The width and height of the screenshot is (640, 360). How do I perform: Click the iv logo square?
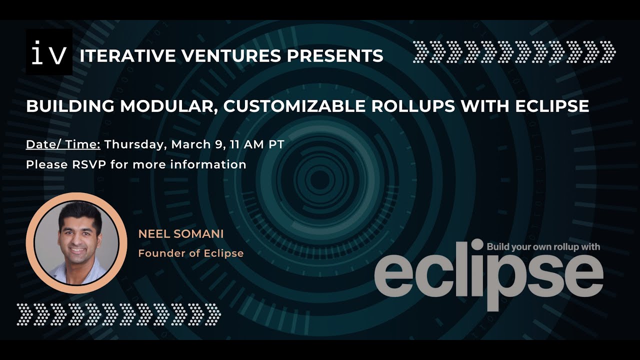[49, 52]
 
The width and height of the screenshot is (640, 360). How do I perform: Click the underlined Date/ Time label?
[63, 145]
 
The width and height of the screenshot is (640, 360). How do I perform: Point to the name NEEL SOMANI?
[180, 234]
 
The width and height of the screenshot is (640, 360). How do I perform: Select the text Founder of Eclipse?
[190, 253]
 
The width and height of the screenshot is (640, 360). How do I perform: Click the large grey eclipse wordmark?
[488, 274]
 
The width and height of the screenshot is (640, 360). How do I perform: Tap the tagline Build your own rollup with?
[543, 246]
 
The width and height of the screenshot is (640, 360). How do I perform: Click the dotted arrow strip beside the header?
[514, 52]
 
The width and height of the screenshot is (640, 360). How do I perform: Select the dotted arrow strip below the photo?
[118, 314]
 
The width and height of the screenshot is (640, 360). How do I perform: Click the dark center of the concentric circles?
[320, 179]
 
